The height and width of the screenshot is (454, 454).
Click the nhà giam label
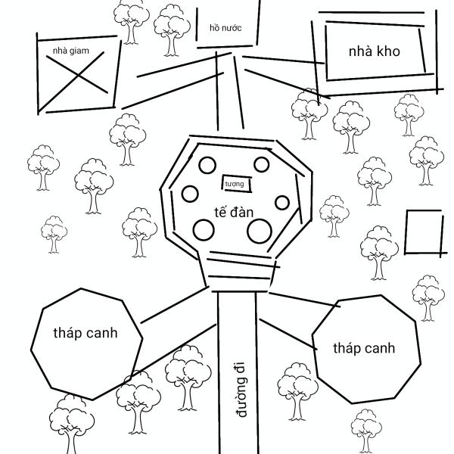coord(71,51)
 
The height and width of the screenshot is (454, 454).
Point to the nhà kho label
coord(374,51)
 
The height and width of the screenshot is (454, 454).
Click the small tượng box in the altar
coord(235,183)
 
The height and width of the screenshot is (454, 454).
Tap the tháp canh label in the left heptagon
coord(86,333)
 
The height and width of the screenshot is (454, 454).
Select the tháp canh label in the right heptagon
coord(365,348)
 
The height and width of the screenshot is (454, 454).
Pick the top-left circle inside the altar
coord(207,164)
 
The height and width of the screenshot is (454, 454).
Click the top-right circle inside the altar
coord(262,164)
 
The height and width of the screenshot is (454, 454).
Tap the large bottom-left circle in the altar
coord(204,229)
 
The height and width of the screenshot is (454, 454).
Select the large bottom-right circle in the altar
coord(259,231)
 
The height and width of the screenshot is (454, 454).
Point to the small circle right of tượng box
coord(282,203)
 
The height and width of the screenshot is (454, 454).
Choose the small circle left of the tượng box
coord(190,193)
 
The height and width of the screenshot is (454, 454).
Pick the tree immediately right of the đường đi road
coord(294,390)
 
